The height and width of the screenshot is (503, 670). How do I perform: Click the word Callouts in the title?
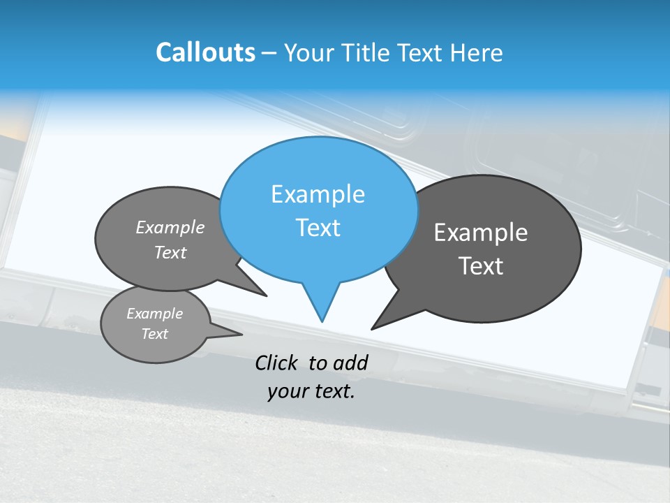click(205, 52)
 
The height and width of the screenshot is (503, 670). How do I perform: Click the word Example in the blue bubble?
click(318, 194)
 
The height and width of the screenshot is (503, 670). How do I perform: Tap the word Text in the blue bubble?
click(318, 228)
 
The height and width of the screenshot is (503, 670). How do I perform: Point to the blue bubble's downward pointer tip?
click(322, 321)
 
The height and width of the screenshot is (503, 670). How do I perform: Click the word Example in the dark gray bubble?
click(481, 233)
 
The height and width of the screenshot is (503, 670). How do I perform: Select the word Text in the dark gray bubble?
click(481, 266)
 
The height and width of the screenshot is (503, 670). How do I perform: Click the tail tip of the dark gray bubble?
click(373, 328)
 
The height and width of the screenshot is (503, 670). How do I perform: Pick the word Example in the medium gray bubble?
click(170, 228)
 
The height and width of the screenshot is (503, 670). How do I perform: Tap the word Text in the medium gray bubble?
click(170, 252)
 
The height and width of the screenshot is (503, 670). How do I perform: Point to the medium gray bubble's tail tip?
click(265, 296)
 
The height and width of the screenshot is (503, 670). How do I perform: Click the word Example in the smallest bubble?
click(154, 314)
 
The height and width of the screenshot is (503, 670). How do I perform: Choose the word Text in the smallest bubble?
click(154, 334)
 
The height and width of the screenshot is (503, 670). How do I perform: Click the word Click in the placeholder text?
click(278, 363)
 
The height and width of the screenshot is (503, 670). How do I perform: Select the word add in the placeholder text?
click(350, 363)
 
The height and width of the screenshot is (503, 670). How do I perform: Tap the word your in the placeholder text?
click(285, 391)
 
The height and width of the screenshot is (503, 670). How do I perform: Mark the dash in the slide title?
click(269, 52)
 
